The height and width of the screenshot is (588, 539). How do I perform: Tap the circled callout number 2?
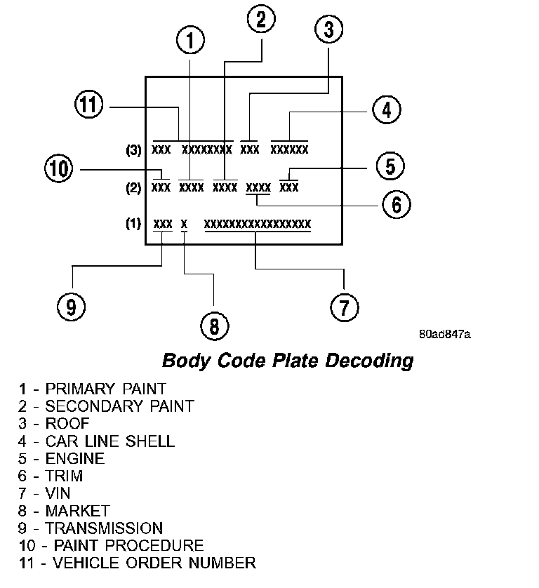[x=261, y=20]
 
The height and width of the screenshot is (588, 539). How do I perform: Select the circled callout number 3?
[x=328, y=29]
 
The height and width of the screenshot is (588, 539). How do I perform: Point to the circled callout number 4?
[x=386, y=109]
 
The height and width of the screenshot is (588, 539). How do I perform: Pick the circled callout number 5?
[x=390, y=166]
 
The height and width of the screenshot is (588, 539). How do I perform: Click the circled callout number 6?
[x=396, y=204]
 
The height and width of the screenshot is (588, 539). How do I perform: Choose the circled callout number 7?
[x=344, y=307]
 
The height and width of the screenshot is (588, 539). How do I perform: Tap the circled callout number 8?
[x=214, y=324]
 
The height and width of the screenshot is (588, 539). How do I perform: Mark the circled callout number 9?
[x=72, y=307]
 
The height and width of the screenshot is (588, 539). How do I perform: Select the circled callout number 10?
[x=59, y=168]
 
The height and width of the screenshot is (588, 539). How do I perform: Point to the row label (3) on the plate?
[x=133, y=149]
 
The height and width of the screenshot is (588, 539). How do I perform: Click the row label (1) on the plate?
[x=133, y=224]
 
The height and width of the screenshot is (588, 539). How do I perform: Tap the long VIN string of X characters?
[x=257, y=224]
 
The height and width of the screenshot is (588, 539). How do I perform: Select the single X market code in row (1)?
[x=184, y=224]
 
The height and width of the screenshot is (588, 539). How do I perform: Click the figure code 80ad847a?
[x=444, y=334]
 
